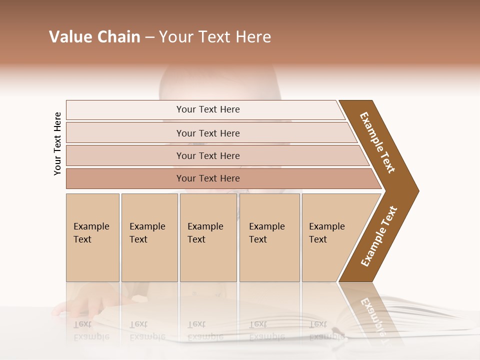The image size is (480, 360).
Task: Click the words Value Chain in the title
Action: tap(94, 37)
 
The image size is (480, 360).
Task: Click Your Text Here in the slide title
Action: tap(215, 37)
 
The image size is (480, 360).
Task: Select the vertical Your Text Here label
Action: tap(57, 143)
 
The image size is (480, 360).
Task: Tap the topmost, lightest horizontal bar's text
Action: tap(208, 109)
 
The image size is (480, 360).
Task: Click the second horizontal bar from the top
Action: tap(208, 133)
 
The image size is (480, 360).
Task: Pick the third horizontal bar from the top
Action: tap(208, 155)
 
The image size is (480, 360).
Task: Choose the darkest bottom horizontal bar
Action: tap(208, 178)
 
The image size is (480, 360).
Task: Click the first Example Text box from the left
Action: tap(92, 237)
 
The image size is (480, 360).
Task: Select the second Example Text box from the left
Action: tap(148, 237)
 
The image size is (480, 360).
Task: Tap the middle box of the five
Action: tap(207, 237)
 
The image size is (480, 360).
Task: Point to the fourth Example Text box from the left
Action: tap(269, 237)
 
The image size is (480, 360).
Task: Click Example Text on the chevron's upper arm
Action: tap(377, 142)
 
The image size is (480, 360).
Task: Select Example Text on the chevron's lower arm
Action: tap(379, 236)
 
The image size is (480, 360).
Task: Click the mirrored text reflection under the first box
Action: tap(91, 330)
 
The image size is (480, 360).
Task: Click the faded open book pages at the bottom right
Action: tap(425, 320)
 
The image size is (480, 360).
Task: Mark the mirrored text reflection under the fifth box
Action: tap(326, 330)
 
